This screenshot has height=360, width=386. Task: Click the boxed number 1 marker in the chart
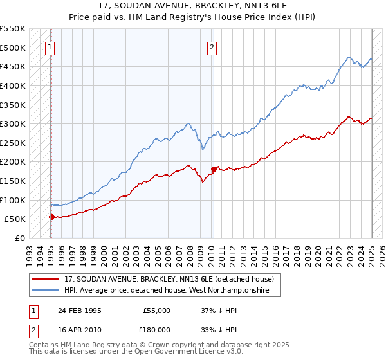50,46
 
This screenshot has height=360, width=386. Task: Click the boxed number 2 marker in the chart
212,46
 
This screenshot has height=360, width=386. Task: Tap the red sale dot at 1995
51,217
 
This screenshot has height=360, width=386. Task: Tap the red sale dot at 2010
213,169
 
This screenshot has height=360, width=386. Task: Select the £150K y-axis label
14,181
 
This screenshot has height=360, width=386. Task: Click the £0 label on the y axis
20,239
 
